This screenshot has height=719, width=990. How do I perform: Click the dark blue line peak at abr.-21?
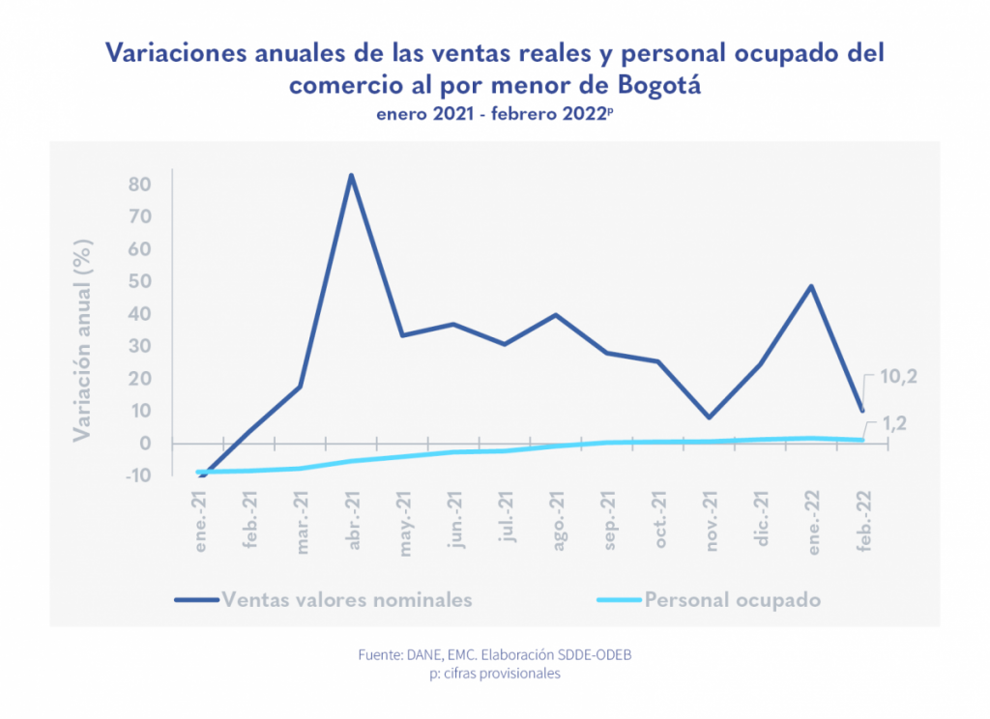(x=351, y=175)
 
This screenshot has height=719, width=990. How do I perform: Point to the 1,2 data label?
(x=895, y=423)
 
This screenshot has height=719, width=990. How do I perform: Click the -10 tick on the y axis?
(x=137, y=475)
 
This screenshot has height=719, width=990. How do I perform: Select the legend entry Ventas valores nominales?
(x=347, y=599)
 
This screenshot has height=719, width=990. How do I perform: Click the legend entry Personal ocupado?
(x=733, y=599)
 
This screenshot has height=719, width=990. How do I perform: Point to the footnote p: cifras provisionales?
(x=495, y=674)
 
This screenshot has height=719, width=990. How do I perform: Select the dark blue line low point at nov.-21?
(x=711, y=417)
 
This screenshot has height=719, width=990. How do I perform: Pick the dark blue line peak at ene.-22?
(x=812, y=286)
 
